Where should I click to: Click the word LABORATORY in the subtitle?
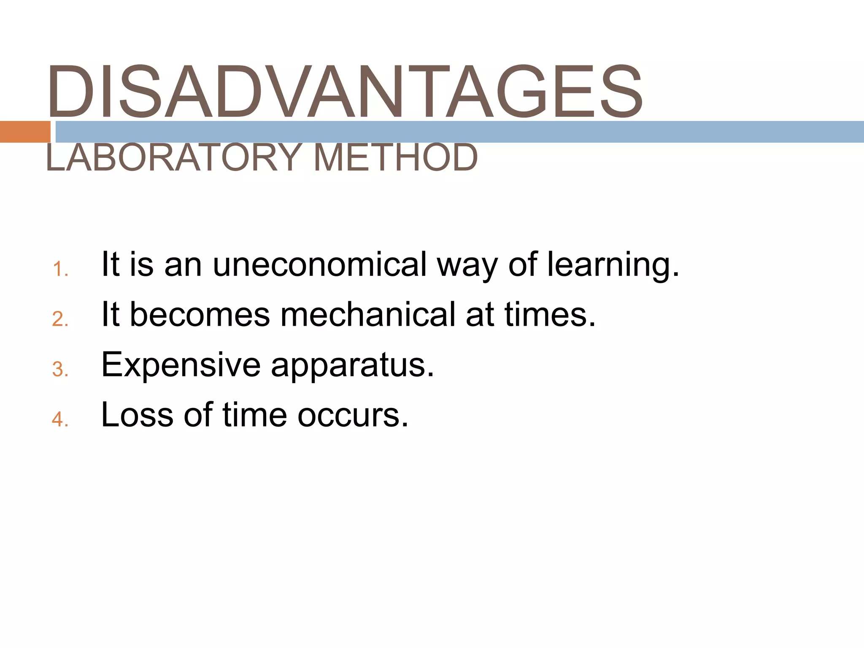[173, 158]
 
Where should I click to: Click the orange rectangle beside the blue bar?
[25, 132]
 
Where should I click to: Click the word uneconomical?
[320, 265]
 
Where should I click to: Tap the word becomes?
[200, 315]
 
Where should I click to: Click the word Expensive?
[181, 365]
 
